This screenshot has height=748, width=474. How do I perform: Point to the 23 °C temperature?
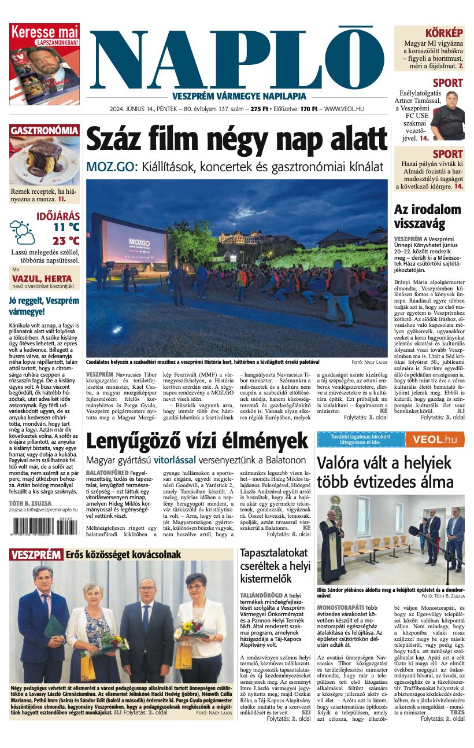[66, 241]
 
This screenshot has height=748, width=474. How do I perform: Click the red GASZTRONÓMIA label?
[44, 131]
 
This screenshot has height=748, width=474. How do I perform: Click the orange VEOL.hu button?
[435, 440]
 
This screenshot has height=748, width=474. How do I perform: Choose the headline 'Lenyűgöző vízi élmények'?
[197, 442]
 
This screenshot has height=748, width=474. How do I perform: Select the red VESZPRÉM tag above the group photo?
[36, 555]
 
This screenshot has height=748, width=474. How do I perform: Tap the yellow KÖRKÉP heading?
[444, 33]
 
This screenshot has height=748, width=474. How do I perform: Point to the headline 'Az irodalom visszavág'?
[428, 216]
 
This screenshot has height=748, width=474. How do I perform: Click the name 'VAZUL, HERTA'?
[42, 278]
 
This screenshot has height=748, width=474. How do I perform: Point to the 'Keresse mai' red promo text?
[45, 32]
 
